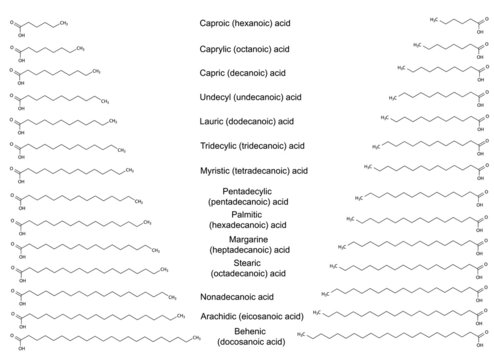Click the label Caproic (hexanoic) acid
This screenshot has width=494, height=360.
[246, 23]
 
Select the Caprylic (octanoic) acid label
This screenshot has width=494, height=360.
[246, 48]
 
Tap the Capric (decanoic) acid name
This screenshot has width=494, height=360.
[246, 72]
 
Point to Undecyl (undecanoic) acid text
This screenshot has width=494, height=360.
[246, 97]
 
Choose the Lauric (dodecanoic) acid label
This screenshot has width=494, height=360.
[246, 121]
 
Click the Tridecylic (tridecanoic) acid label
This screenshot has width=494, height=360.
[246, 146]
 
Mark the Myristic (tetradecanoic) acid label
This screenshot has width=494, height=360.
[246, 170]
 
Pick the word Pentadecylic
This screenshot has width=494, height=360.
[246, 190]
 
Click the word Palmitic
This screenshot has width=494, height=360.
[246, 214]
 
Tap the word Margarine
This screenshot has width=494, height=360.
[246, 239]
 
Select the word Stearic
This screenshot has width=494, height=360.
[246, 262]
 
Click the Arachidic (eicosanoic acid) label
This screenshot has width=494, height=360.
[246, 317]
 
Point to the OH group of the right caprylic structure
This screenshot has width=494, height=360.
[485, 58]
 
